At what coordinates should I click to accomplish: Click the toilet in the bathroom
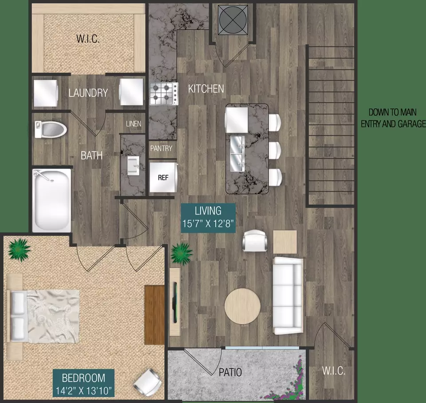(51, 129)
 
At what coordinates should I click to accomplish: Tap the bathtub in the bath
(51, 200)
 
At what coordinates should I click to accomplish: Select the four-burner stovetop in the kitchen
(164, 94)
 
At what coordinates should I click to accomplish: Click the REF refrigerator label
(163, 178)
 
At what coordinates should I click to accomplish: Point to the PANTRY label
(161, 148)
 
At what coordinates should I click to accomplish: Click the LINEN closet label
(134, 124)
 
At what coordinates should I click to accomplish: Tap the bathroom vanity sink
(134, 166)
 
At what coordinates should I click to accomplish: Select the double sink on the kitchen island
(237, 154)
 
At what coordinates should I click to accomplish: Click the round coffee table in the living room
(242, 306)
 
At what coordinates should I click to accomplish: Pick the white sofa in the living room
(288, 295)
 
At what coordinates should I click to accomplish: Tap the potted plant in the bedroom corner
(19, 250)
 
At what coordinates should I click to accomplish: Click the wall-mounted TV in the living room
(175, 303)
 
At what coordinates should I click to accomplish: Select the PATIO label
(230, 372)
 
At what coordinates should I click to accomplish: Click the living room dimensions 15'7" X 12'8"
(208, 223)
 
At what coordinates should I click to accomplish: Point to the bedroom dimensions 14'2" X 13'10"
(84, 391)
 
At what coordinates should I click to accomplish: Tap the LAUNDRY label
(88, 93)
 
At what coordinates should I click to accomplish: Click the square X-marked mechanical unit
(233, 20)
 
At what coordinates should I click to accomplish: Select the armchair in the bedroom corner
(147, 382)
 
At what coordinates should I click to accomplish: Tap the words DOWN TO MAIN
(392, 112)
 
